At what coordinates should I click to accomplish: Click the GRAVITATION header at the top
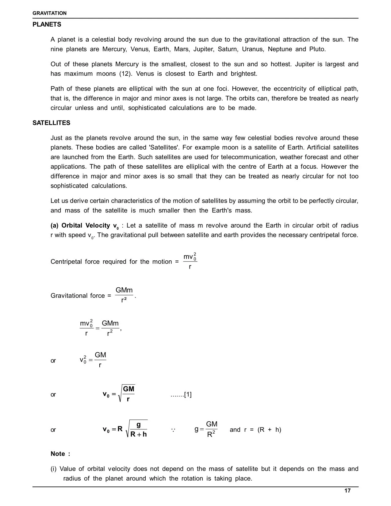point(49,13)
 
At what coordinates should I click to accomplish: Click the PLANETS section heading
point(47,25)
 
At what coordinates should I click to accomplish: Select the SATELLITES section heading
point(51,123)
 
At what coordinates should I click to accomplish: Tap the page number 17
point(347,491)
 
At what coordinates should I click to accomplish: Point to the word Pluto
point(317,49)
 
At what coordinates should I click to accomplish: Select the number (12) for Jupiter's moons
point(125,74)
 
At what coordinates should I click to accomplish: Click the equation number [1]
point(188,394)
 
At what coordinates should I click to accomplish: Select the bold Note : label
point(60,454)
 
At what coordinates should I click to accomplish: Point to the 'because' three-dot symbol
point(173,430)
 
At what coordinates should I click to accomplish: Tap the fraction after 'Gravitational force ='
point(124,295)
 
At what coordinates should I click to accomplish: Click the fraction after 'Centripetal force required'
point(190,261)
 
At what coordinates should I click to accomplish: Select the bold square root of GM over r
point(126,394)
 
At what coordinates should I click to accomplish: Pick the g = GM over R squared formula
point(206,429)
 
